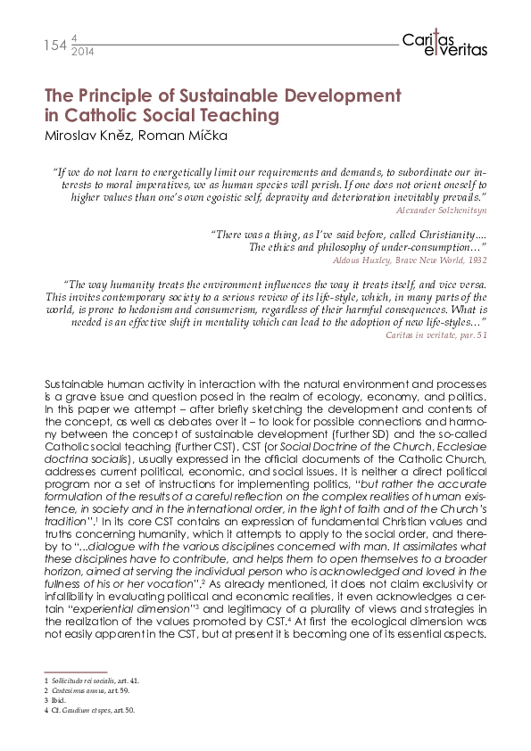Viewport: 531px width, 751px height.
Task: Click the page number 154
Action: point(54,45)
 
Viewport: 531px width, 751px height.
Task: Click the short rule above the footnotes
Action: point(75,672)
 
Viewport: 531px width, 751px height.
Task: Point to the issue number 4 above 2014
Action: point(72,38)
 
